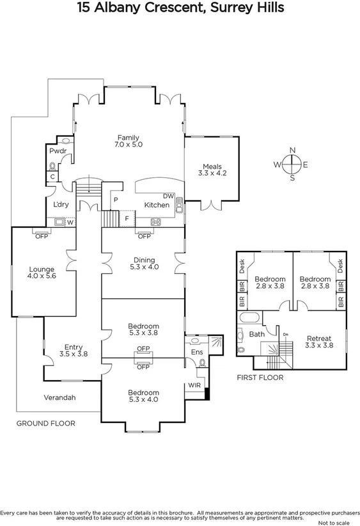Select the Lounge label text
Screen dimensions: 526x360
(42, 273)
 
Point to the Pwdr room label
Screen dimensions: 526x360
(58, 151)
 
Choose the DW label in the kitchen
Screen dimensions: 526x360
(168, 196)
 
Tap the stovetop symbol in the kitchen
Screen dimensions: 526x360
(155, 222)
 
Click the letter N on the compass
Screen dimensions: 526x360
(292, 150)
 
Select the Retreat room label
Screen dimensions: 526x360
(318, 342)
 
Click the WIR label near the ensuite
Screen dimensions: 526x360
(194, 386)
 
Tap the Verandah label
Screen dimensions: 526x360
(59, 397)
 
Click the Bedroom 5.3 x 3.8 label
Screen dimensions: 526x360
(143, 330)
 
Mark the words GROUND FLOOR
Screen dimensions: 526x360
(45, 423)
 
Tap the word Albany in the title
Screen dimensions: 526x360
(119, 8)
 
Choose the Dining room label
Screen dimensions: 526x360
(144, 263)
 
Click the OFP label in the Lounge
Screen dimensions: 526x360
(42, 235)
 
